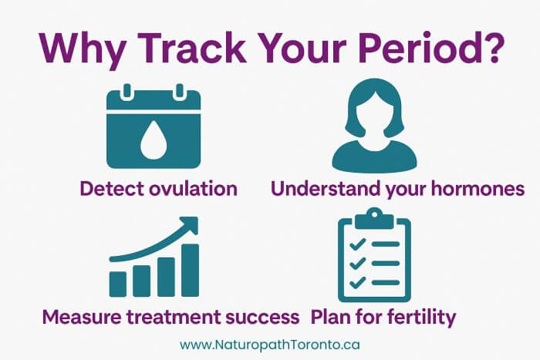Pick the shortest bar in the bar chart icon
pyautogui.click(x=117, y=283)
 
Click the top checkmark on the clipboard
pyautogui.click(x=356, y=244)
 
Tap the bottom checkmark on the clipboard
pyautogui.click(x=356, y=281)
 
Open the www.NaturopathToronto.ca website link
pyautogui.click(x=269, y=345)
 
